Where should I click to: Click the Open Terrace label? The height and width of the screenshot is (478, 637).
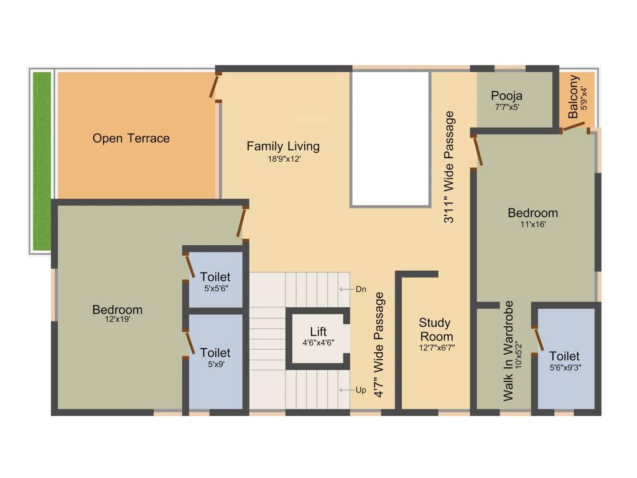pyautogui.click(x=131, y=138)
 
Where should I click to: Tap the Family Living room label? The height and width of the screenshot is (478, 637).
pyautogui.click(x=283, y=146)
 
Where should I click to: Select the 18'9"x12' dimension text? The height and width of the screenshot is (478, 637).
pyautogui.click(x=283, y=159)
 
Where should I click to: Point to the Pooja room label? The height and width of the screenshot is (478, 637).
pyautogui.click(x=506, y=96)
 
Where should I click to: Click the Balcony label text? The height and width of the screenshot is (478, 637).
pyautogui.click(x=574, y=96)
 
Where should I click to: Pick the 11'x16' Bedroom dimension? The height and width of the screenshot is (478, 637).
pyautogui.click(x=532, y=225)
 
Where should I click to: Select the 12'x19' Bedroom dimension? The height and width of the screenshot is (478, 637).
pyautogui.click(x=117, y=319)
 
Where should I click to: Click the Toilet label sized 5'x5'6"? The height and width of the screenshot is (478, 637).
pyautogui.click(x=215, y=276)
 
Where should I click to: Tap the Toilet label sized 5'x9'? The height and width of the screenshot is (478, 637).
pyautogui.click(x=215, y=353)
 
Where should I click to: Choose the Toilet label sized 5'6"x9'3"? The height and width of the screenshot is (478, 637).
pyautogui.click(x=564, y=356)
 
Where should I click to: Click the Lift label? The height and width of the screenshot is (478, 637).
pyautogui.click(x=318, y=332)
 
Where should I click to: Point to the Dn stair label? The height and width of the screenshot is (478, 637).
pyautogui.click(x=361, y=289)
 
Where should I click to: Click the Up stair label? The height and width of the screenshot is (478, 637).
pyautogui.click(x=361, y=390)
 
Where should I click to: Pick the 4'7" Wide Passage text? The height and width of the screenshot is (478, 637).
pyautogui.click(x=379, y=345)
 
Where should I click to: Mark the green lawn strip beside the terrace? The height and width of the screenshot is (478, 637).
pyautogui.click(x=42, y=162)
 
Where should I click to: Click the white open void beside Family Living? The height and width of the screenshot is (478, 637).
pyautogui.click(x=390, y=138)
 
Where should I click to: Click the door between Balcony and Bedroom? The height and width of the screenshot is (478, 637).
pyautogui.click(x=574, y=128)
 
